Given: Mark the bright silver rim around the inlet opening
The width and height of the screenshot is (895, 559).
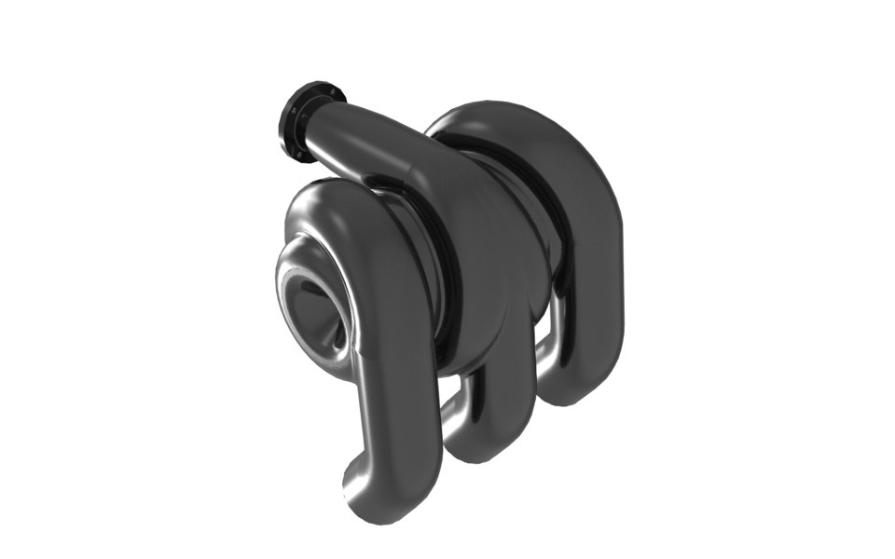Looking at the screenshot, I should pos(283,279).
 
